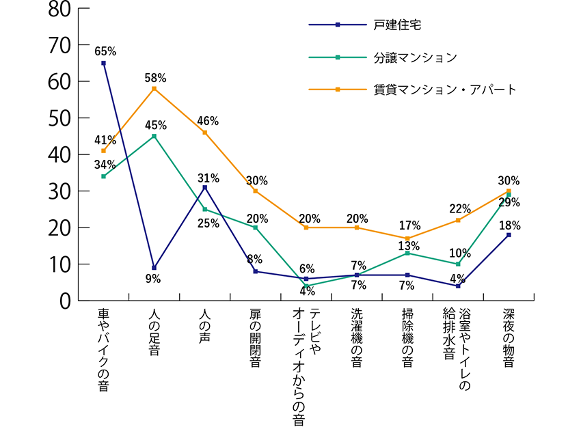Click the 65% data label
(x=105, y=51)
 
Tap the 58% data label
(x=155, y=77)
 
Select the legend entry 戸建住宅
(x=397, y=25)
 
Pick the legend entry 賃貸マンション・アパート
(x=445, y=89)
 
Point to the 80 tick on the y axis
(x=59, y=10)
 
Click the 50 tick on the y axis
(x=59, y=118)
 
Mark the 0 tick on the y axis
(x=65, y=300)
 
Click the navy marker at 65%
(x=103, y=63)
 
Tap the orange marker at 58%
(x=154, y=89)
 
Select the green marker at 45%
(x=154, y=136)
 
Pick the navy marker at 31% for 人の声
(x=204, y=187)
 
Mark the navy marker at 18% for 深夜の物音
(x=509, y=234)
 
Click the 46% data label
(x=207, y=121)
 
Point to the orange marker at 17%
(x=407, y=238)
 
